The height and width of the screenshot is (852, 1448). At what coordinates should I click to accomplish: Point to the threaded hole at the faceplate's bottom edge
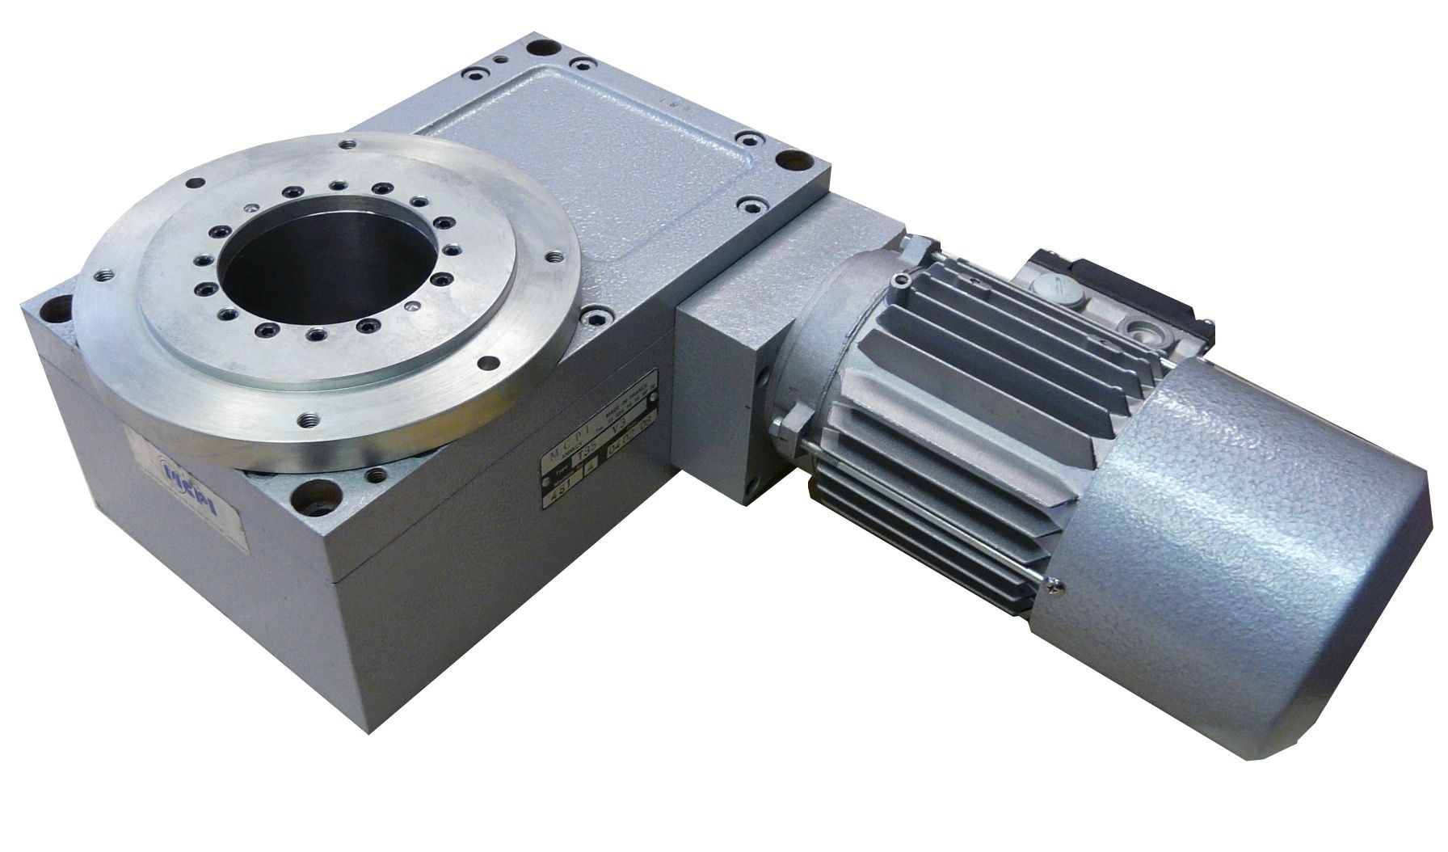pos(309,420)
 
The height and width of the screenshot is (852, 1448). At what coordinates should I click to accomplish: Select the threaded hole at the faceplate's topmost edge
pos(348,145)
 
